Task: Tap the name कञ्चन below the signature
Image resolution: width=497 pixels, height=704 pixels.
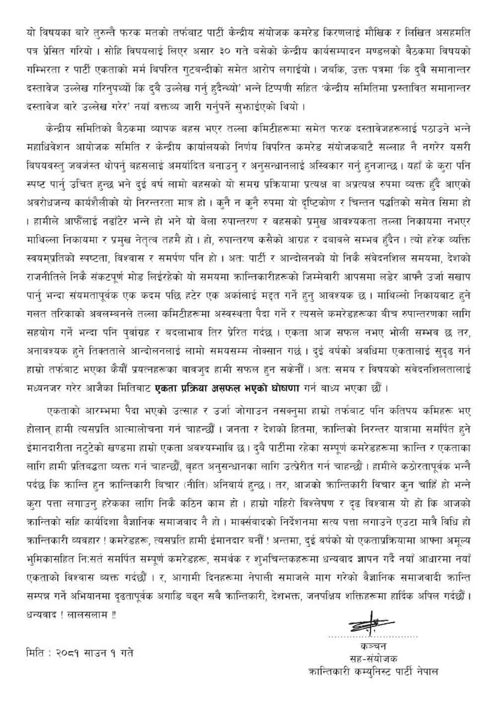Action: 370,647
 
